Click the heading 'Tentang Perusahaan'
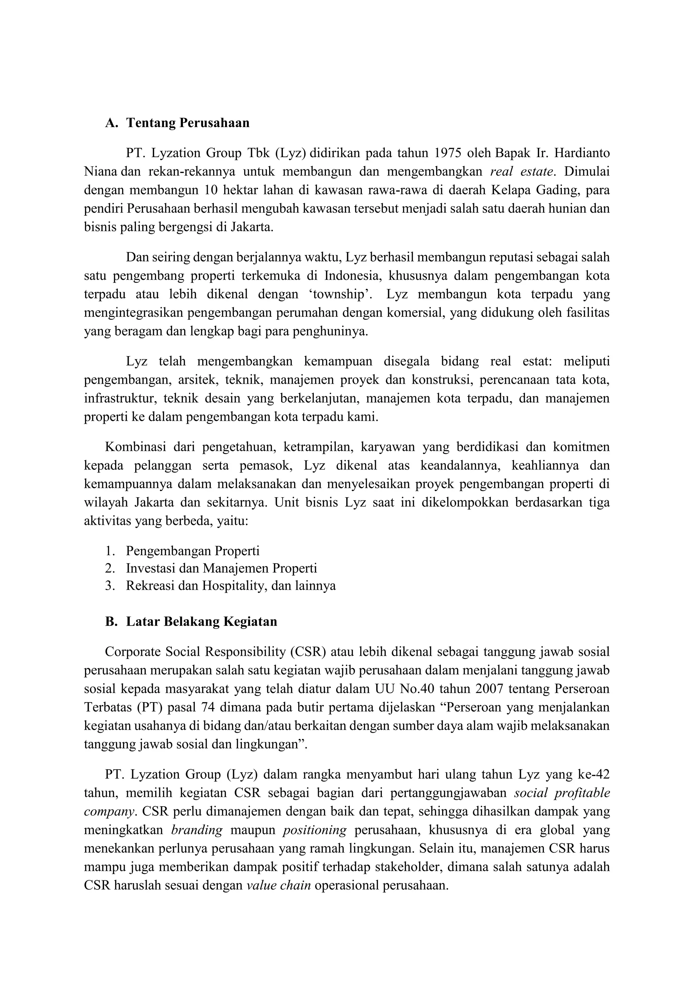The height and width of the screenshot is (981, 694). coord(188,123)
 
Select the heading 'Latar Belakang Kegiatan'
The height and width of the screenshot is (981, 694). coord(201,621)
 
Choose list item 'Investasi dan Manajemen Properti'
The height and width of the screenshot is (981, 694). coord(221,568)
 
